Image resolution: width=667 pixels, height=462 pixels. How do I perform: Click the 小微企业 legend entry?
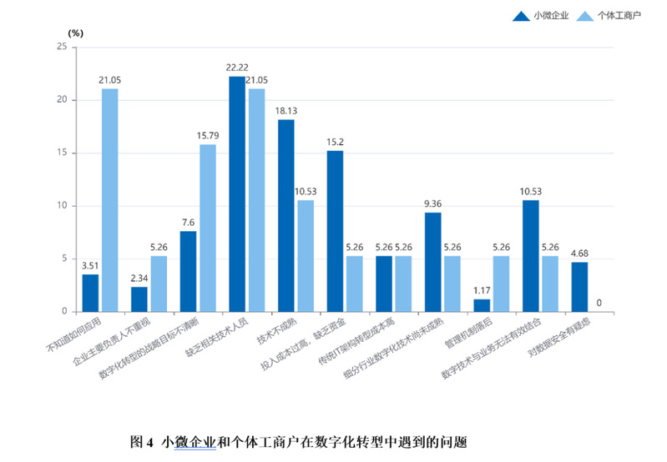[x=551, y=16]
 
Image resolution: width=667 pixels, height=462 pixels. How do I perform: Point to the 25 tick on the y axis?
[x=62, y=47]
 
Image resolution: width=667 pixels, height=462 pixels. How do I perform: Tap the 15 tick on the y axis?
[x=62, y=153]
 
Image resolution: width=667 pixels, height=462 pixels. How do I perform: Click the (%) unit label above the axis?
[x=76, y=33]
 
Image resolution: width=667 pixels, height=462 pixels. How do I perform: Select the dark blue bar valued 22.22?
[x=237, y=193]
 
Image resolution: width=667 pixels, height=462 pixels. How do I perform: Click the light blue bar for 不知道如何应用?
[x=110, y=200]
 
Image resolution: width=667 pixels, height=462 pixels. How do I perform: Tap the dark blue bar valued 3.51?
[x=90, y=293]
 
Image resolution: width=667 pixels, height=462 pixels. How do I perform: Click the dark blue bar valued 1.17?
[x=482, y=305]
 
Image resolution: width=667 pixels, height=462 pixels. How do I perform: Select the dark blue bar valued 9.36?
[x=432, y=262]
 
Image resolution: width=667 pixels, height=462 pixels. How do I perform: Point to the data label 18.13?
[x=285, y=110]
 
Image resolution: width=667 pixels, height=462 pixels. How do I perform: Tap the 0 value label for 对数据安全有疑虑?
[x=599, y=303]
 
